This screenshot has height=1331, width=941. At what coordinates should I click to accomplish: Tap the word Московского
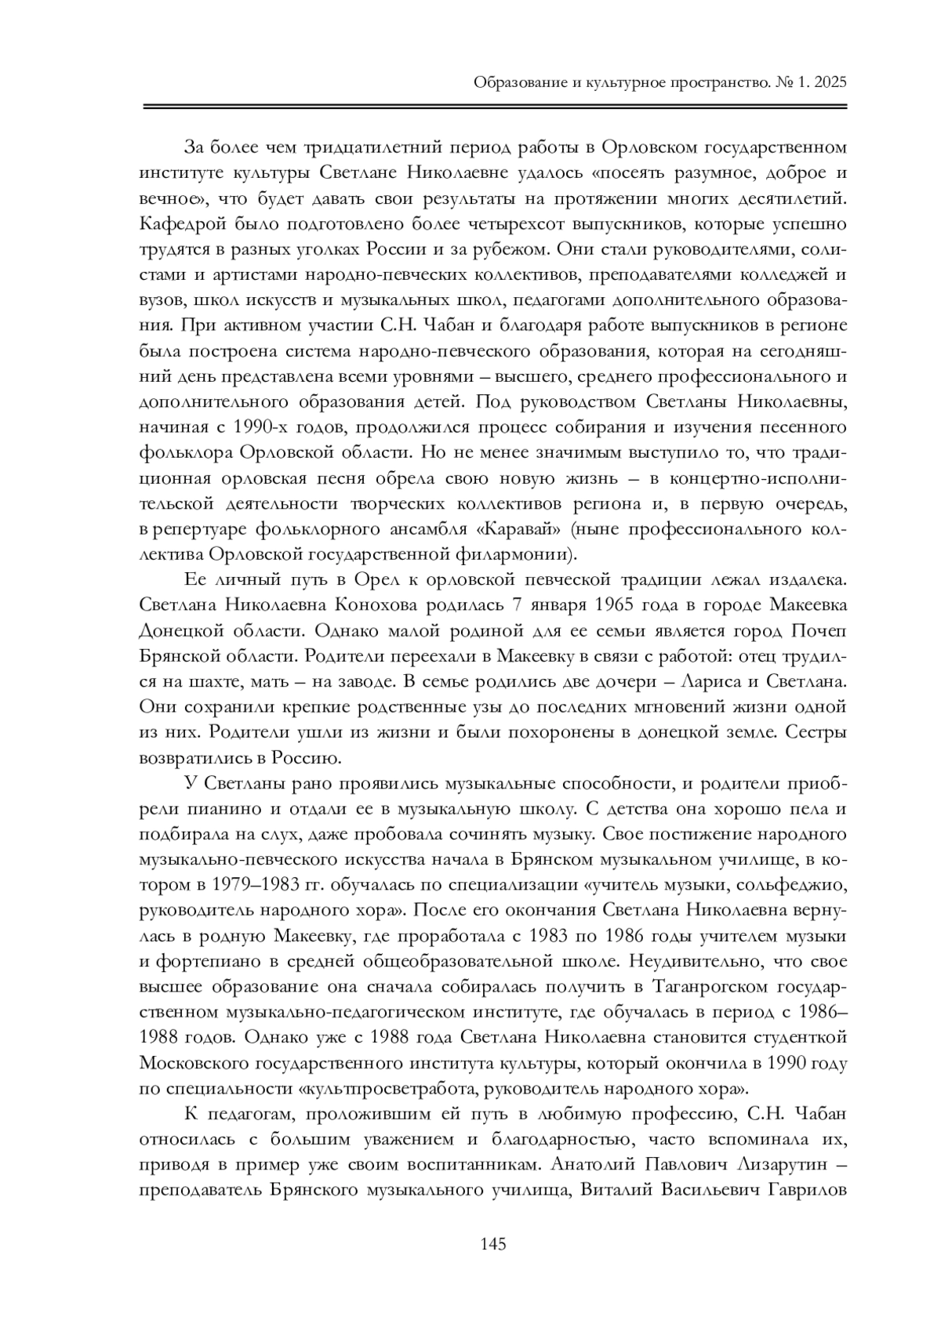point(193,1063)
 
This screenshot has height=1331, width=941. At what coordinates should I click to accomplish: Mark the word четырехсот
point(408,224)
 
